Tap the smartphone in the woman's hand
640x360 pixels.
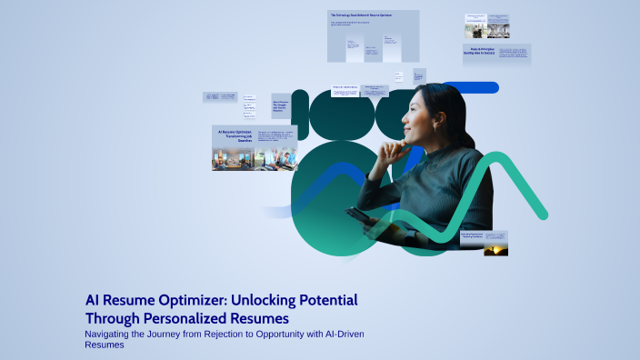[356, 217]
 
